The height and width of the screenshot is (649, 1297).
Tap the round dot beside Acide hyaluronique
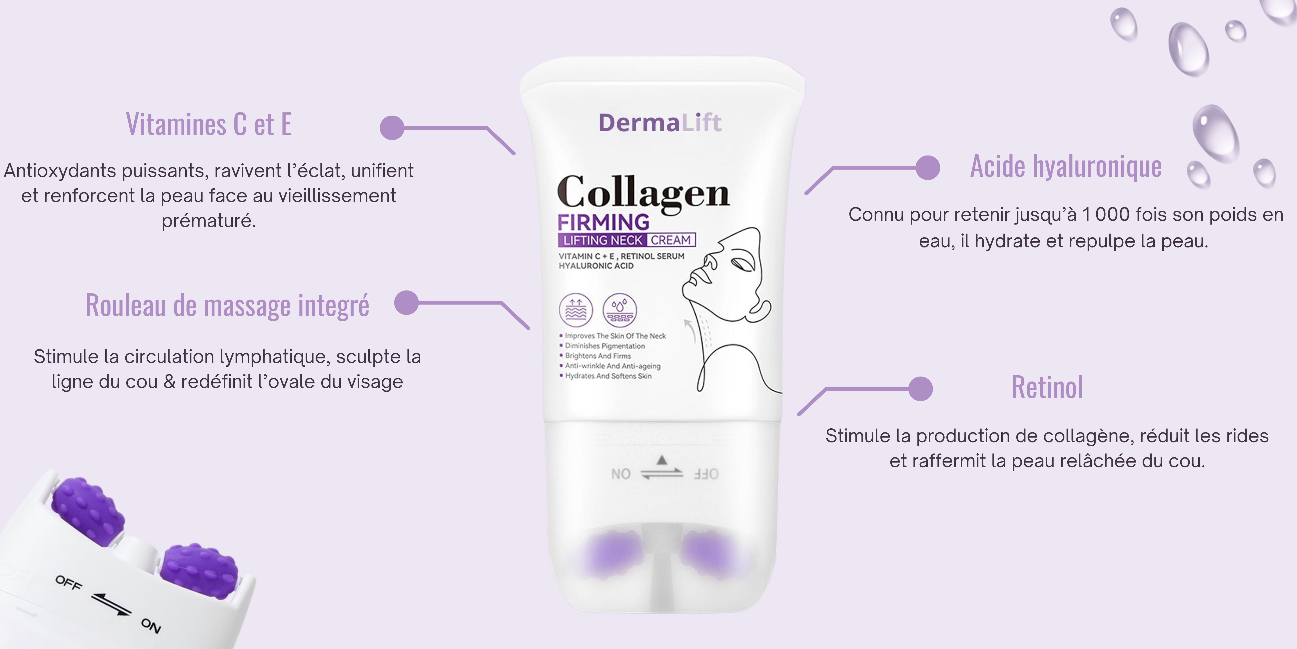pyautogui.click(x=927, y=167)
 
